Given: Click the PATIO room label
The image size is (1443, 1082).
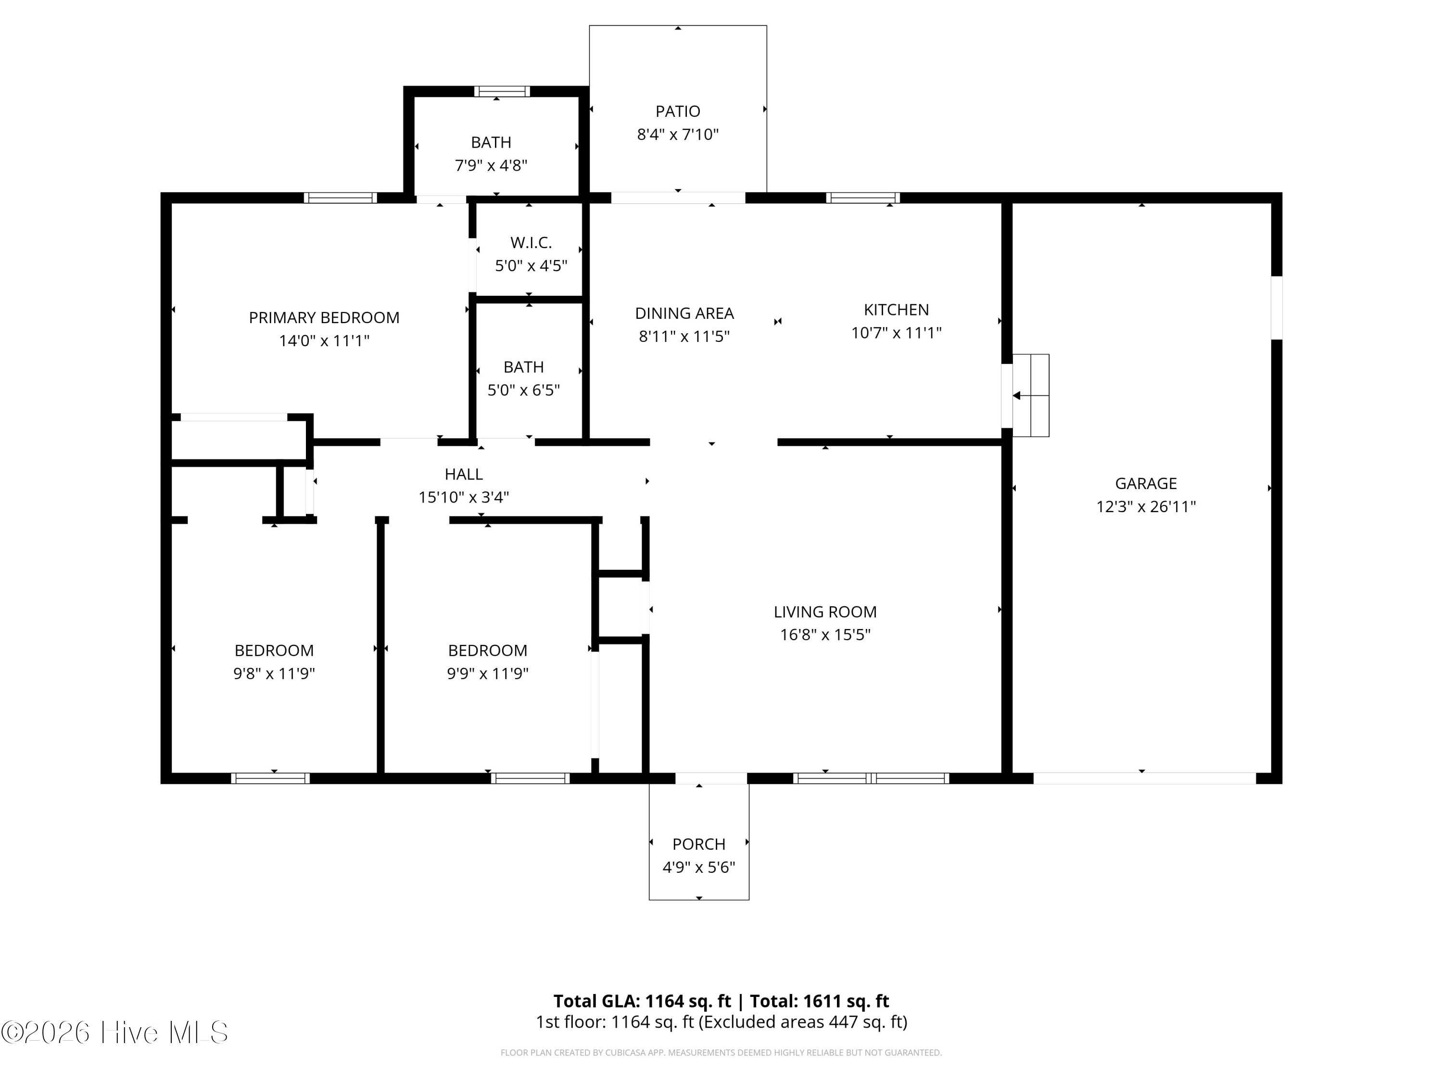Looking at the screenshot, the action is coord(678,112).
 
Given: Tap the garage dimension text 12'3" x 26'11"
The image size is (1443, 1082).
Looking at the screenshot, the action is coord(1146,507).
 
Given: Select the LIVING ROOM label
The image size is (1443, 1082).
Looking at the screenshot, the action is coord(825,612).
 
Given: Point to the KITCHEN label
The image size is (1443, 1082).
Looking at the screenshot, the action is coord(896,310).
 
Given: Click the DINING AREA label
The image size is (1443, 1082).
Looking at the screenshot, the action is coord(684,314).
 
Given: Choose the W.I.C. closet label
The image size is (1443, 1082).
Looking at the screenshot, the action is coord(531,243).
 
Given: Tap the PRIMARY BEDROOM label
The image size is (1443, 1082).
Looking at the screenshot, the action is coord(324,317).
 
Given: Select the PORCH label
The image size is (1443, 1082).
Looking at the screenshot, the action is coord(699,844).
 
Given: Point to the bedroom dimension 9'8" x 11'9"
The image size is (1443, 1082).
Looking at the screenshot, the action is coord(274,674).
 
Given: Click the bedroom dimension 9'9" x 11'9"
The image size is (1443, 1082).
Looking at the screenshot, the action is coord(487,674).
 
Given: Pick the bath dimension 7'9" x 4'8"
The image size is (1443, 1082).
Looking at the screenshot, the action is coord(491,165).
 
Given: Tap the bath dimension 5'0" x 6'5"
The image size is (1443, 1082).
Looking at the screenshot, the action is coord(524,390).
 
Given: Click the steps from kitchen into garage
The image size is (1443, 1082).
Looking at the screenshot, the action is coord(1031,395).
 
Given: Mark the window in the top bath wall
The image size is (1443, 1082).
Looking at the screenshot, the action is coord(502,91).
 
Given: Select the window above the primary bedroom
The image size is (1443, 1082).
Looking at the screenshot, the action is coord(341,198).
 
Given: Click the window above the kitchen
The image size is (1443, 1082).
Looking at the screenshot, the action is coord(863,198).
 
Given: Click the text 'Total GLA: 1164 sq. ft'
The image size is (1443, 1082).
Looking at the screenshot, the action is coord(643,1001).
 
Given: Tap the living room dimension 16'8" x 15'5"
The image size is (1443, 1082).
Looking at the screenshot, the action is coord(825,635).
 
